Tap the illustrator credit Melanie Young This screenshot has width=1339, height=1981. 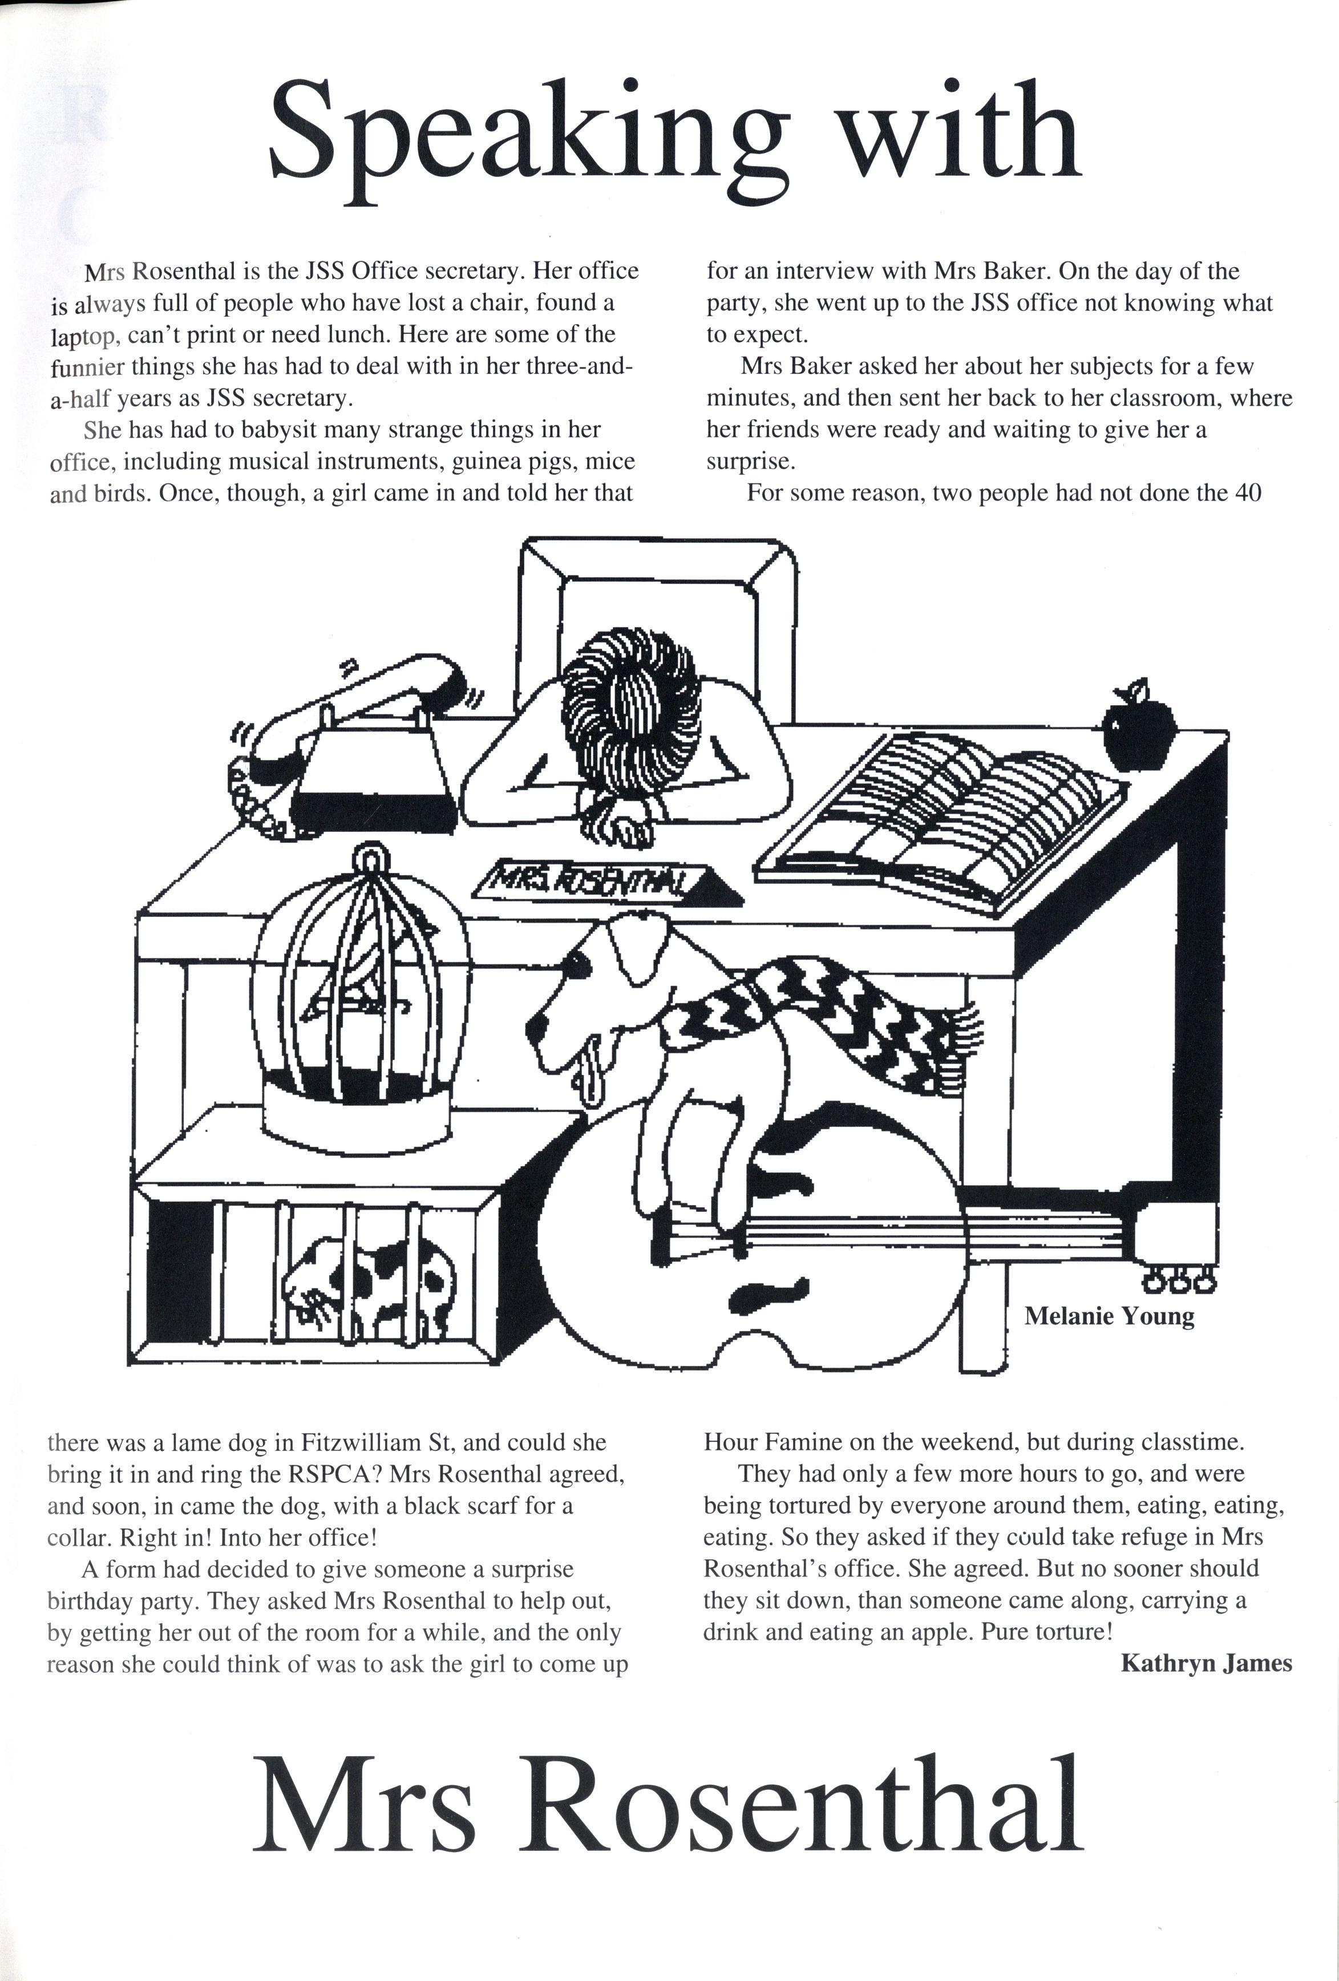[x=1108, y=1316]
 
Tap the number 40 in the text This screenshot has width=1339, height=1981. [x=1246, y=493]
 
